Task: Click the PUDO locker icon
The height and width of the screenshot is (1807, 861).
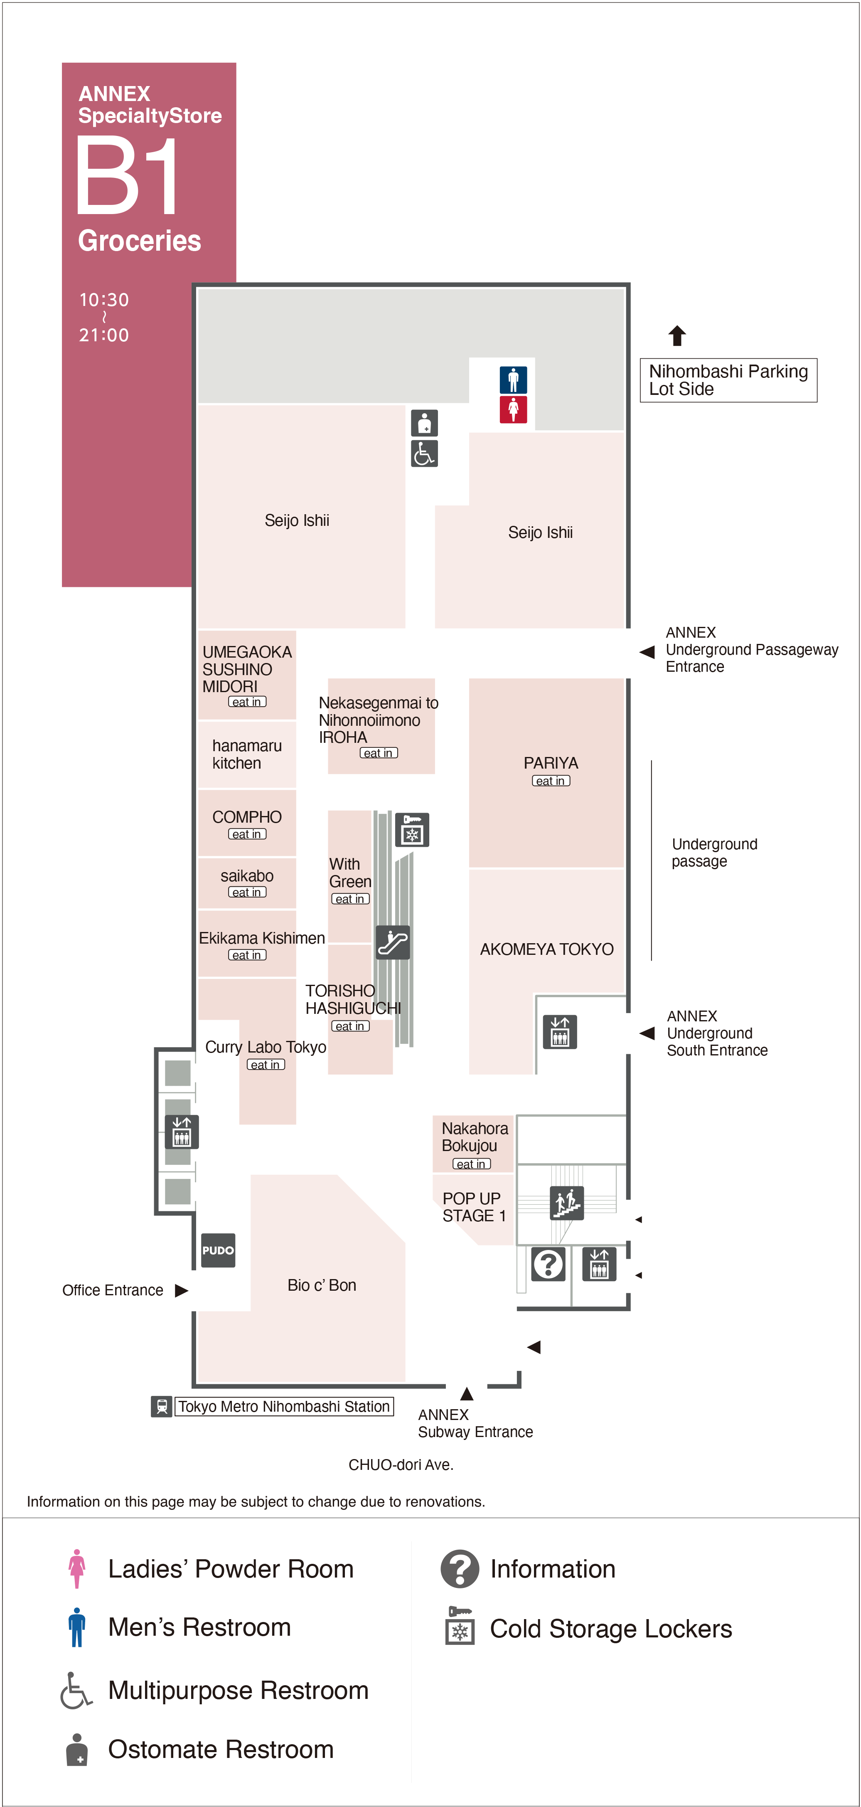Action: [x=218, y=1250]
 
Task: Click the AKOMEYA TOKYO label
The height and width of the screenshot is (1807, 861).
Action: [x=547, y=949]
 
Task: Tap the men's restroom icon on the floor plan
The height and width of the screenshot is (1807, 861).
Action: [x=513, y=380]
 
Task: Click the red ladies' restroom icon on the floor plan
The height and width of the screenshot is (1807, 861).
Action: [x=513, y=409]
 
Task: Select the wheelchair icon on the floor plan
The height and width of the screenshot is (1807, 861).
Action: [x=424, y=453]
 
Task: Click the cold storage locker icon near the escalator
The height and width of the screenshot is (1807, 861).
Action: [x=411, y=830]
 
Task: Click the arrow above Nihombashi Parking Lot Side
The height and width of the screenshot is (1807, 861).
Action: [x=676, y=335]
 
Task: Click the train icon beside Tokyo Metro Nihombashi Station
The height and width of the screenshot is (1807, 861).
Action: [x=161, y=1406]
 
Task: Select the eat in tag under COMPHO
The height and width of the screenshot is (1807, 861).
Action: [x=247, y=834]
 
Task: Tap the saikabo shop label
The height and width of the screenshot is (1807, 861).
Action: [x=247, y=875]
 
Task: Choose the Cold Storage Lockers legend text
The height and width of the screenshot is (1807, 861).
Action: [x=611, y=1628]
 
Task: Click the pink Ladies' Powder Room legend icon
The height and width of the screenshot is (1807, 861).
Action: [x=77, y=1568]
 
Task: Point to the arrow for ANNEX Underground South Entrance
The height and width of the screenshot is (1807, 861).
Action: [x=647, y=1033]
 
